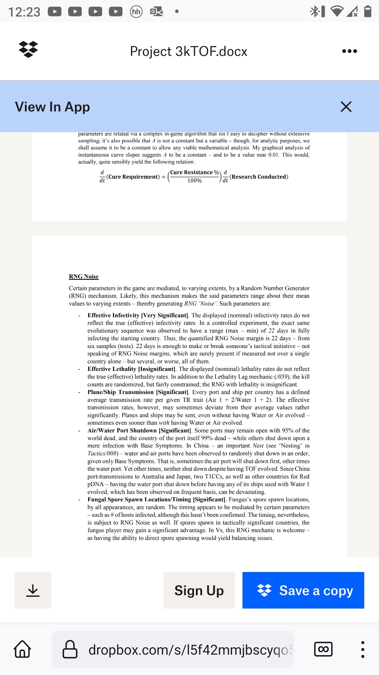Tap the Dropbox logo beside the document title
coord(28,50)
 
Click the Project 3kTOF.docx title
coord(188,51)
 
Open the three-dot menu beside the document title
coord(349,51)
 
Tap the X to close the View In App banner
coord(346,107)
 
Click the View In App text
coord(52,107)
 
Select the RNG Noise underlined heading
coord(84,277)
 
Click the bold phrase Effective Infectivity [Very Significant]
coord(138,315)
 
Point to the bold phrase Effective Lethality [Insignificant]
coord(131,369)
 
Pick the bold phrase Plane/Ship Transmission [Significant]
coord(138,392)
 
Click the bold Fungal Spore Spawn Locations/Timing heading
coord(156,500)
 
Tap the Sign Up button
coord(199,590)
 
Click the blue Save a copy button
coord(303,590)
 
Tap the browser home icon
coord(22,649)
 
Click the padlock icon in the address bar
coord(70,649)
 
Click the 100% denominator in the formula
coord(194,181)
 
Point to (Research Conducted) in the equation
coord(259,177)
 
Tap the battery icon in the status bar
coord(367,11)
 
